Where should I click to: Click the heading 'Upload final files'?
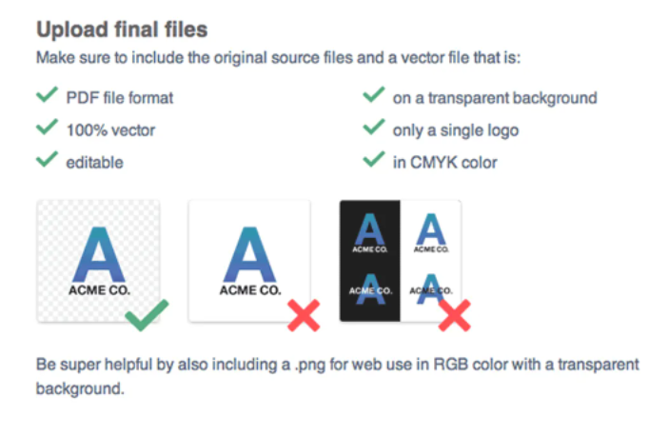pyautogui.click(x=122, y=30)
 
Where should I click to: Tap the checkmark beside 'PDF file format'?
pyautogui.click(x=47, y=95)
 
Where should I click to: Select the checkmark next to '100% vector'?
pyautogui.click(x=47, y=127)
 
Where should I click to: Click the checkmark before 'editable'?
pyautogui.click(x=47, y=159)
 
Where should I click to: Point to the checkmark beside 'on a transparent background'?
pyautogui.click(x=374, y=95)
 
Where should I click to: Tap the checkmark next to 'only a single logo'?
pyautogui.click(x=374, y=127)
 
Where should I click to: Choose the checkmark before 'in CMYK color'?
pyautogui.click(x=374, y=159)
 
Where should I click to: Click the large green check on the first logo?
pyautogui.click(x=147, y=315)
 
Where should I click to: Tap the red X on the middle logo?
pyautogui.click(x=304, y=315)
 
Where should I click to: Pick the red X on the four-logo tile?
pyautogui.click(x=454, y=315)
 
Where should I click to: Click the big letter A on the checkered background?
pyautogui.click(x=99, y=254)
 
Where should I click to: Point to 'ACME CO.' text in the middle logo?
pyautogui.click(x=250, y=290)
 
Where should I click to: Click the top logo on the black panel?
pyautogui.click(x=370, y=233)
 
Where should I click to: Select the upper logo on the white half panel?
pyautogui.click(x=431, y=233)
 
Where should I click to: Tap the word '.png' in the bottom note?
pyautogui.click(x=310, y=366)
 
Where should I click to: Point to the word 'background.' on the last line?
pyautogui.click(x=80, y=389)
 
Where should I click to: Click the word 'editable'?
pyautogui.click(x=95, y=163)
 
